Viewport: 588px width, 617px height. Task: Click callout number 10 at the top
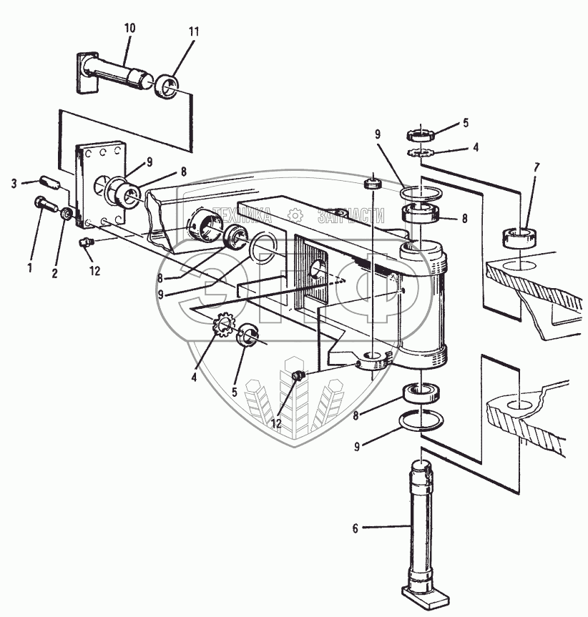(129, 29)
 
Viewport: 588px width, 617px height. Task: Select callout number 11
(194, 32)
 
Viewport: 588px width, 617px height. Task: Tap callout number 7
(536, 167)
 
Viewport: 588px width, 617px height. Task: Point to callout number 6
(356, 528)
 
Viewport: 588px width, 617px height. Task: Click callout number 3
(14, 184)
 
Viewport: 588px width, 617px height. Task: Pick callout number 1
(29, 268)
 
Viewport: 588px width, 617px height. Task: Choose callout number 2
(54, 273)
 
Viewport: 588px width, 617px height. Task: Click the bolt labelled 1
(46, 204)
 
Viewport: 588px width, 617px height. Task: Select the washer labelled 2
(66, 214)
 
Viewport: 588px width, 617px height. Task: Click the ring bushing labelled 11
(167, 87)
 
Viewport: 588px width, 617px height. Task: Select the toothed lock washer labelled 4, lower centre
(224, 324)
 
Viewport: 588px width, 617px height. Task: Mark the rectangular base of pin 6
(425, 596)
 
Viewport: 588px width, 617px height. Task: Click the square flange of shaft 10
(87, 73)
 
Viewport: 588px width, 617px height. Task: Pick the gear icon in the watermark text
(295, 216)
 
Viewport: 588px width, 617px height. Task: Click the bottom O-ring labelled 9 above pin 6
(421, 420)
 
